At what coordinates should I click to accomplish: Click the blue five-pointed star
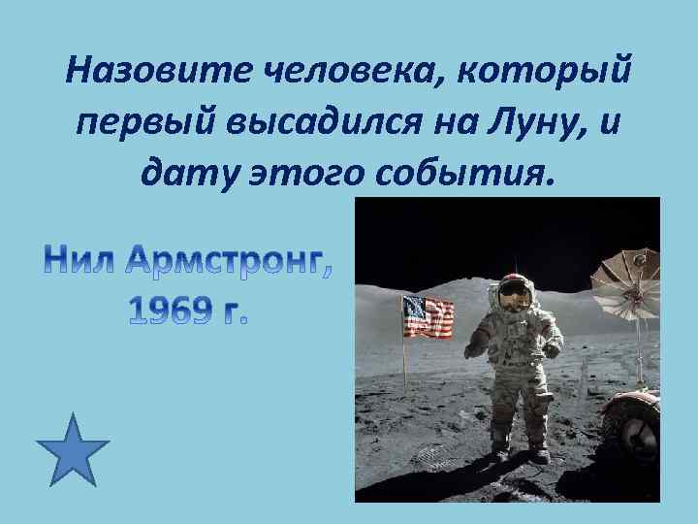click(73, 448)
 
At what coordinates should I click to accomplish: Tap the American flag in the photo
click(428, 317)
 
